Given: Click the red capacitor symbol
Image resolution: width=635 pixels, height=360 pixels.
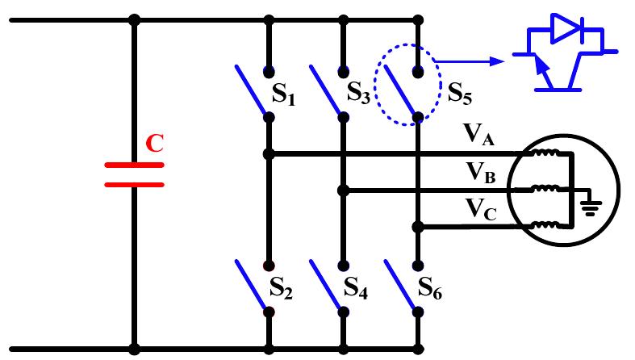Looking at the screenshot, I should tap(134, 174).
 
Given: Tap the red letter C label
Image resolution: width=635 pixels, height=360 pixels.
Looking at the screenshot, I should tap(154, 144).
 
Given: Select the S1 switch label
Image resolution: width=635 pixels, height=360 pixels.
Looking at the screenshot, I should tap(283, 98).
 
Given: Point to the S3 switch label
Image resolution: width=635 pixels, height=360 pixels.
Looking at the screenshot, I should tap(358, 93).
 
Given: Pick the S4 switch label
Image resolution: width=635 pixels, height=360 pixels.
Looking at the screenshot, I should tap(356, 287).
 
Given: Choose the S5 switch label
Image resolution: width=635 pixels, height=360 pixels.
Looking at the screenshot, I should tap(459, 92).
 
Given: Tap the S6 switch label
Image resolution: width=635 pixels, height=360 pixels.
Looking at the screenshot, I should tap(431, 287).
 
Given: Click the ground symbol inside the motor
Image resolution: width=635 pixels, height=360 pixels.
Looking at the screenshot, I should tap(591, 207).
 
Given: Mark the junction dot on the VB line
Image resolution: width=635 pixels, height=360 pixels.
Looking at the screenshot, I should tap(343, 190).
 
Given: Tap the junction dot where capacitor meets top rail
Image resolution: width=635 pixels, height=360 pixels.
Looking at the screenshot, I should tap(134, 20).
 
